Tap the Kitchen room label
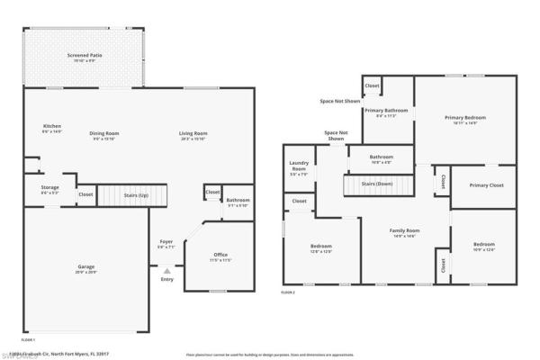52,125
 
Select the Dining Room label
104,133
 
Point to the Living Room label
193,133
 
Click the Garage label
86,267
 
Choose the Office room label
220,256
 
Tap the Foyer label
166,242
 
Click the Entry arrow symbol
166,269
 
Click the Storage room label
49,187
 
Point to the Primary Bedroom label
465,118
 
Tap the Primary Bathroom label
386,110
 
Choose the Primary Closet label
486,185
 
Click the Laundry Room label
298,166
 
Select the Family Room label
404,231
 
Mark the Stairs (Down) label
376,184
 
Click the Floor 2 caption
288,293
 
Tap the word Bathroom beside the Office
238,200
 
